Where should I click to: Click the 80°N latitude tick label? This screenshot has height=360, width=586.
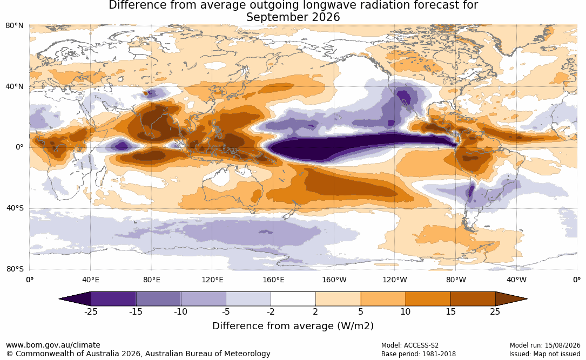coord(14,26)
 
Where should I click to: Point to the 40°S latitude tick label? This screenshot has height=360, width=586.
coord(15,208)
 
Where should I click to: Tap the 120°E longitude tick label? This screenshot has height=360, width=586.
coord(212,280)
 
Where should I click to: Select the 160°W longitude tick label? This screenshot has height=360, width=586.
coord(334,280)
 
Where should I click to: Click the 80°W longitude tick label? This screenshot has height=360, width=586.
coord(456,280)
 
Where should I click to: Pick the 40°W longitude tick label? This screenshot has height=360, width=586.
coord(516,280)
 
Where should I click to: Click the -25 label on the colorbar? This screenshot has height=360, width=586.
coord(91,311)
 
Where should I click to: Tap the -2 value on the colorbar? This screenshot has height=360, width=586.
coord(271,311)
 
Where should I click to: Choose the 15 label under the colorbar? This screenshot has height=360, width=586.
coord(451,311)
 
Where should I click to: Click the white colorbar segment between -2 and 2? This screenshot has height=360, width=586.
coord(293,299)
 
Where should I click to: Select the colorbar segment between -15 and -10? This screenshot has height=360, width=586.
coord(158,299)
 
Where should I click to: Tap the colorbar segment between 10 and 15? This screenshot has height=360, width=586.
coord(428,299)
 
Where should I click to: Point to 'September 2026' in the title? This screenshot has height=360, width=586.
coord(293,17)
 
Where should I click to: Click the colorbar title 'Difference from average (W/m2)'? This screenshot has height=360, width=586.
coord(293,326)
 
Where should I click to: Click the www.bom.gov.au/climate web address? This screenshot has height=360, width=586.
coord(53,345)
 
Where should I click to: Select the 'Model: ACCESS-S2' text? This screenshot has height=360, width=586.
coord(410,345)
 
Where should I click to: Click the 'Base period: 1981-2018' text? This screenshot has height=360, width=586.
coord(419,354)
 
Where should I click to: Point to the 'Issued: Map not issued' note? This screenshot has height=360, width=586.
coord(544,354)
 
